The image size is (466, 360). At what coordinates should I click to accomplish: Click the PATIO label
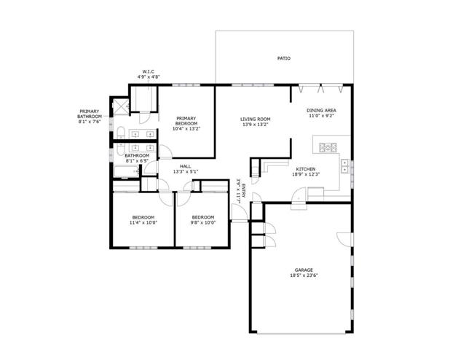(284, 58)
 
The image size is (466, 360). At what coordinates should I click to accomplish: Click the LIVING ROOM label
(256, 119)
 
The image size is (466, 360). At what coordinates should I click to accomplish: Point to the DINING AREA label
(321, 110)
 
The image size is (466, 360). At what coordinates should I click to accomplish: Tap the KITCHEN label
(305, 168)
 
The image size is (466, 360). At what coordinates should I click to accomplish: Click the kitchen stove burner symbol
(327, 147)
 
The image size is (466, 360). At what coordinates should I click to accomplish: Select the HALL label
(186, 165)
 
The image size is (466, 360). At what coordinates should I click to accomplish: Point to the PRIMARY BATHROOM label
(92, 114)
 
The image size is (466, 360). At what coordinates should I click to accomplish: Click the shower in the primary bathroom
(118, 106)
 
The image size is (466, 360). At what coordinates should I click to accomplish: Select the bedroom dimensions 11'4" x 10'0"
(142, 222)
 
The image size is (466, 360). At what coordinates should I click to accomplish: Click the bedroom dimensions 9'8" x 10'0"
(202, 222)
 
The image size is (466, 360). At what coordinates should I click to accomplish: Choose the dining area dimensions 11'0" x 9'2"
(321, 116)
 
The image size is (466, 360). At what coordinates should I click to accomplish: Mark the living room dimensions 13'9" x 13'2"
(256, 125)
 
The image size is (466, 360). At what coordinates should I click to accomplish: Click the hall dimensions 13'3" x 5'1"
(186, 171)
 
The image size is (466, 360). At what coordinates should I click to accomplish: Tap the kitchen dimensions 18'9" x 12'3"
(305, 174)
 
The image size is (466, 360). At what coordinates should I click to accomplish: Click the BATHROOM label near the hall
(137, 154)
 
